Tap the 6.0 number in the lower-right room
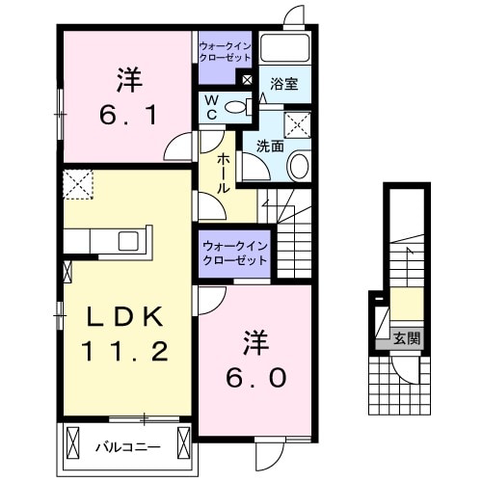pos(255,379)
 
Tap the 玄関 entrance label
pos(407,337)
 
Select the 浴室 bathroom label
pos(284,85)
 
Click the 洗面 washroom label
pos(269,147)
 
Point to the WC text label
pos(209,107)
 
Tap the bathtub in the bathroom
pos(284,49)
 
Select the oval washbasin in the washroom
pos(299,167)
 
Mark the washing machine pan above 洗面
pos(295,122)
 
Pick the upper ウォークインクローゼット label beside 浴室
pos(224,50)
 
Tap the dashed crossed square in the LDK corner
pos(77,182)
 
